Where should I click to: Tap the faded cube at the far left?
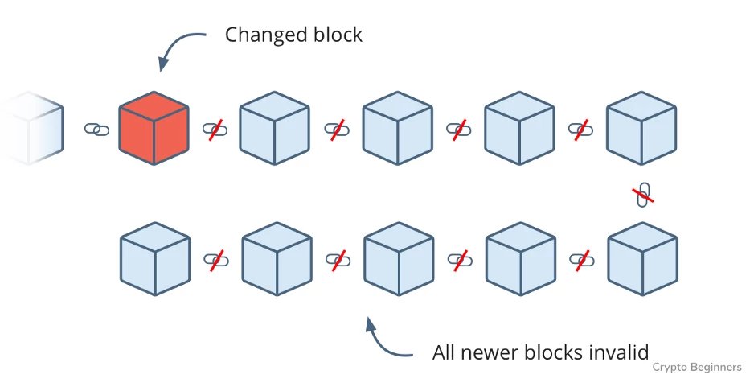29,129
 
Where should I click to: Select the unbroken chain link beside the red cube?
96,129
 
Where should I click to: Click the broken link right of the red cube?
215,129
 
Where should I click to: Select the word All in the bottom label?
445,352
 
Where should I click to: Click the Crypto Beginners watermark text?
696,367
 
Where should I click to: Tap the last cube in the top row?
641,129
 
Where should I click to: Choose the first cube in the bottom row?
154,259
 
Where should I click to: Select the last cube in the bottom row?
641,259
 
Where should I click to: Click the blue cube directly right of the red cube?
275,129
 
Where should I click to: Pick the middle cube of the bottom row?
398,259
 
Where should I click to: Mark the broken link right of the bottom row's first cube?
215,259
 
